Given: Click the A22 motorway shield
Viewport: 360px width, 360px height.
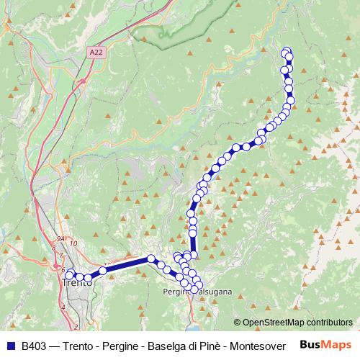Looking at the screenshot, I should [96, 53].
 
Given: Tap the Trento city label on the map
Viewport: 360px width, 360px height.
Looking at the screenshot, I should [77, 284].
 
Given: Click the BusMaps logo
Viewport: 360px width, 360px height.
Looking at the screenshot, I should [326, 345].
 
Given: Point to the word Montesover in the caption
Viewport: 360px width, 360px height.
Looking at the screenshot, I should [257, 346].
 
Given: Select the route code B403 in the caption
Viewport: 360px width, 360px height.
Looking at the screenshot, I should [36, 346].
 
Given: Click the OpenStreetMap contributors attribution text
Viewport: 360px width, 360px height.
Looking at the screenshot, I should [298, 323].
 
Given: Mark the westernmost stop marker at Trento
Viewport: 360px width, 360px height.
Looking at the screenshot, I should [70, 275].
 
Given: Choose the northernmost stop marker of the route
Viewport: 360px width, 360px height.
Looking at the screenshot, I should [287, 51].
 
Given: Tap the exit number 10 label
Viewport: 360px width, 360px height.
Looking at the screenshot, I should [74, 243].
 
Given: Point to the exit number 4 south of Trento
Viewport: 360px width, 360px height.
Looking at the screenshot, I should [64, 307].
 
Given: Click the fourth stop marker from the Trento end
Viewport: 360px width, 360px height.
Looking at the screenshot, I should [103, 271].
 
